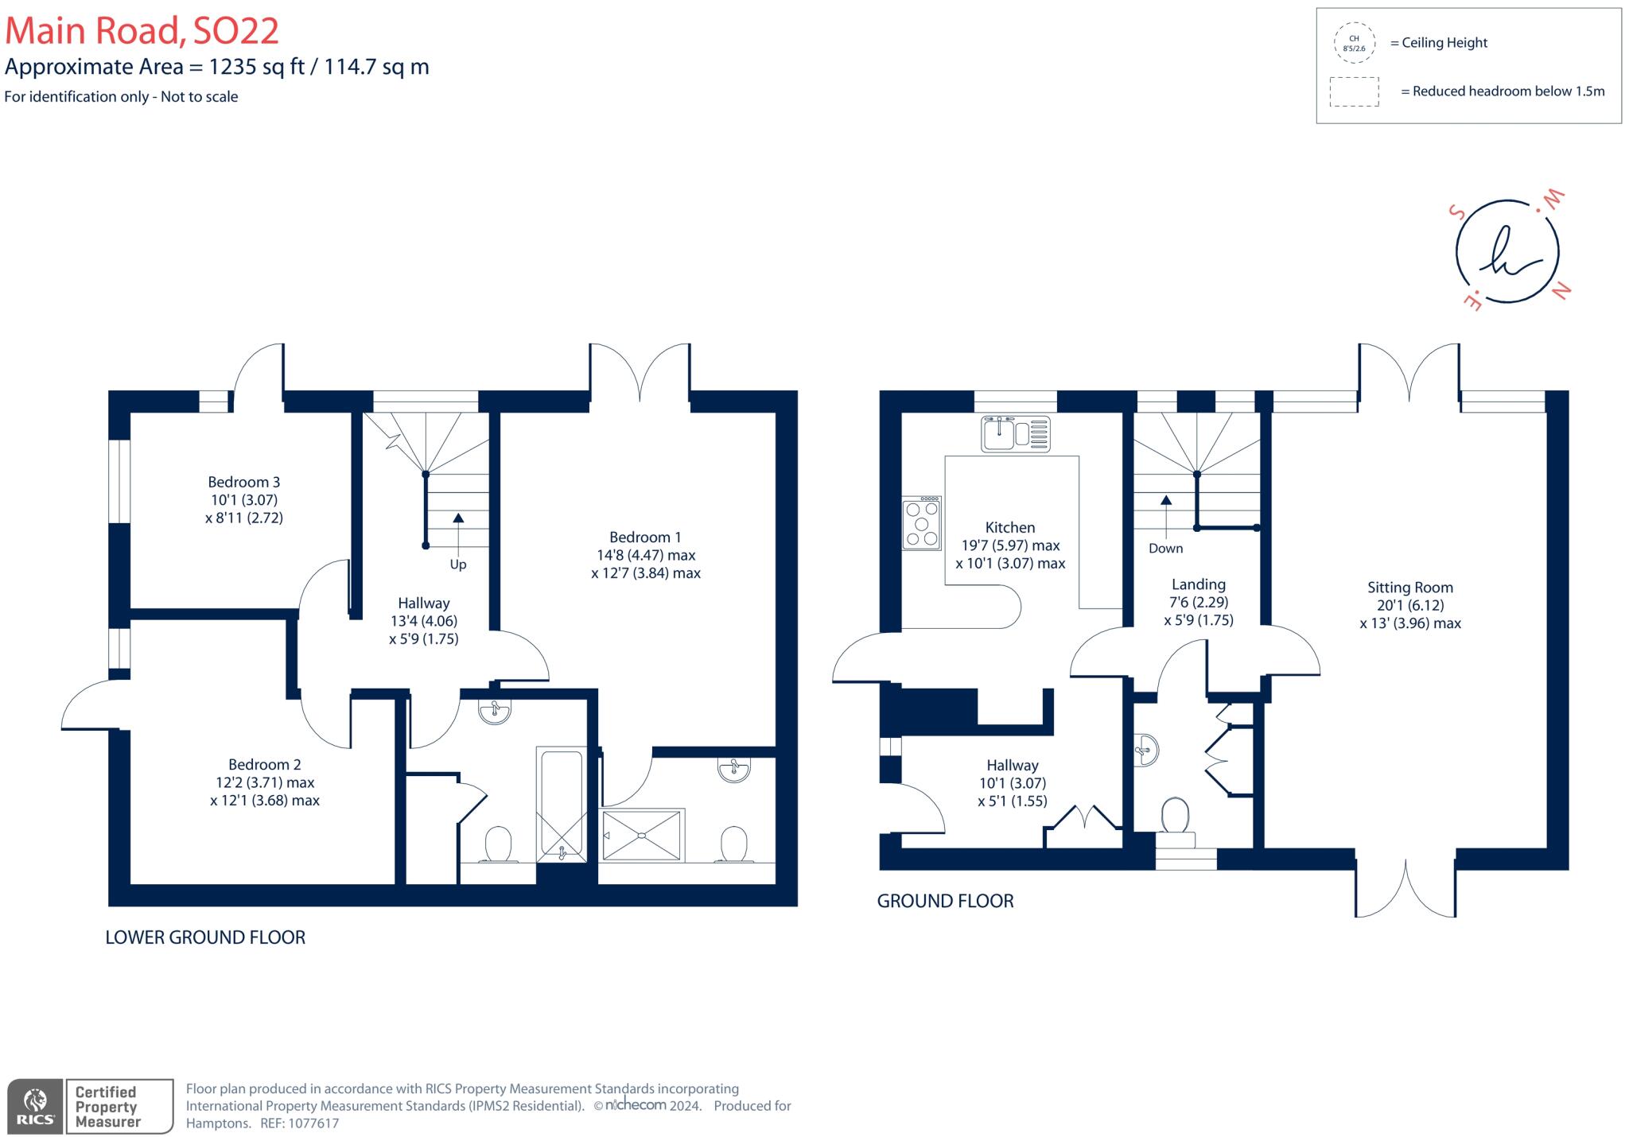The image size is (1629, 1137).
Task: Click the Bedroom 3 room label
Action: [243, 482]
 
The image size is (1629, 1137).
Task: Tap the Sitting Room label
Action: [1409, 588]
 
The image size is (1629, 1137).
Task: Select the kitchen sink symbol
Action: [1015, 434]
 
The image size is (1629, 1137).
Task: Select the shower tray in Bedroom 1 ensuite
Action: [643, 835]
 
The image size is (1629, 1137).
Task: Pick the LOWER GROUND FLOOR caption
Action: [205, 937]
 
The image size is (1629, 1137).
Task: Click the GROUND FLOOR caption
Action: [945, 901]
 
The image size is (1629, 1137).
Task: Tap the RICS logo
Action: [35, 1106]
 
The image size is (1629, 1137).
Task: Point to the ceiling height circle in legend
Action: [1354, 43]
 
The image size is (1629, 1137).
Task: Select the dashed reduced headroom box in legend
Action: [1354, 91]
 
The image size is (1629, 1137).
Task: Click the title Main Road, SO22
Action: [142, 31]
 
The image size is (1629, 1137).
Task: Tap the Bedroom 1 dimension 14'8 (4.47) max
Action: [645, 555]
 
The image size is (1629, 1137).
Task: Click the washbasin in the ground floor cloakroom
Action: [1146, 749]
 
